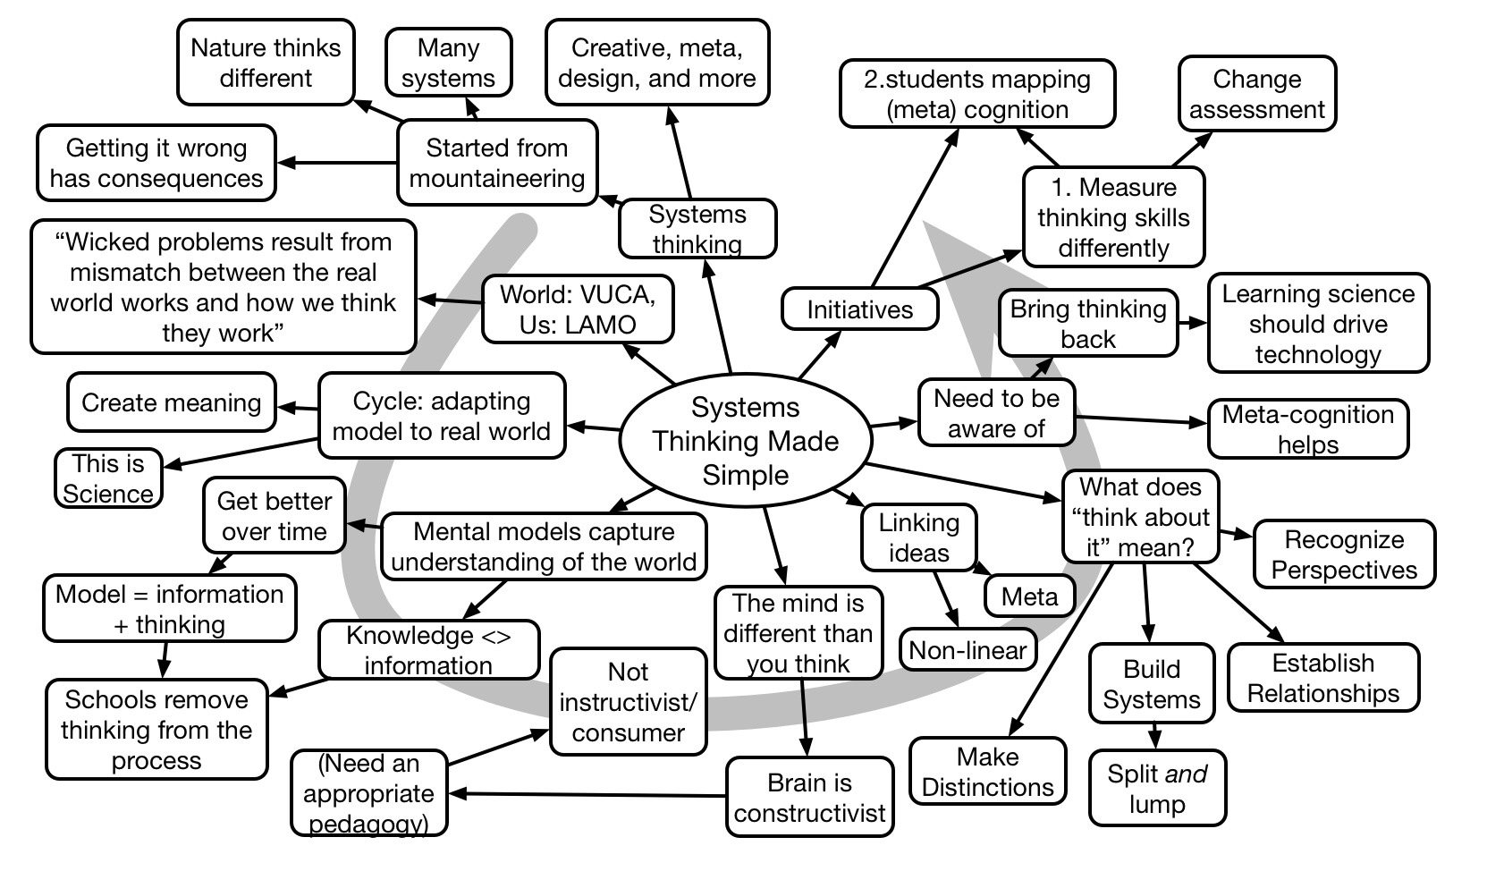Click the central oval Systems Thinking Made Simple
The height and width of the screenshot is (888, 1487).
[745, 441]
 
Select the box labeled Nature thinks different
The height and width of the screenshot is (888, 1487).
[266, 63]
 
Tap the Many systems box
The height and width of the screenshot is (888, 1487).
[448, 63]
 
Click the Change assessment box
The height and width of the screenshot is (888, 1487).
[1256, 94]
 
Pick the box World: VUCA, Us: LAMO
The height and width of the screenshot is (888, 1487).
[577, 309]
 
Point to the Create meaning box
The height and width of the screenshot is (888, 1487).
[171, 402]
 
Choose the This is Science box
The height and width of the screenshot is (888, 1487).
[108, 478]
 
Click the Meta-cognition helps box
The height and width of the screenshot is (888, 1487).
[1307, 429]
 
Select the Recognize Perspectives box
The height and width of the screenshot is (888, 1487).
[1344, 554]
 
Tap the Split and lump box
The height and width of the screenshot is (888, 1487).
[1157, 788]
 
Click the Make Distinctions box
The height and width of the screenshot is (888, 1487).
[987, 772]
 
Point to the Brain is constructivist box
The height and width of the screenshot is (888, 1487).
[809, 797]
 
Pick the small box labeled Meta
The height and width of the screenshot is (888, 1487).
[1029, 596]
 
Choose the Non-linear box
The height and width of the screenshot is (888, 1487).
[967, 650]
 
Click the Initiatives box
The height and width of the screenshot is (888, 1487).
[859, 309]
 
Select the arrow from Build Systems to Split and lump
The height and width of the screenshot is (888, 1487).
[1154, 735]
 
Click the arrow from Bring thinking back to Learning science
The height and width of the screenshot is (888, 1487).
[1193, 324]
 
